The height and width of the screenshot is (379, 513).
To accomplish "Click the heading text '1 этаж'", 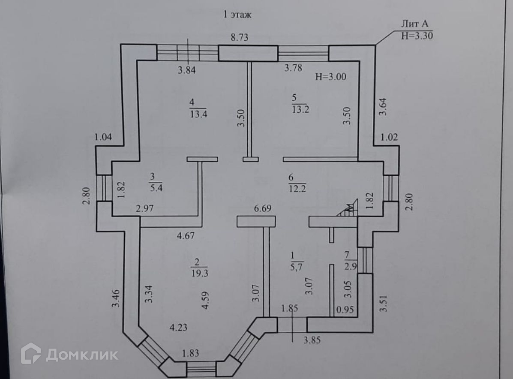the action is (x=237, y=15).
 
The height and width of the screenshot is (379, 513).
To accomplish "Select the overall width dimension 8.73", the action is (x=240, y=37).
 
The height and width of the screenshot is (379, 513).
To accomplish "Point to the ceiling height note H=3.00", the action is (x=330, y=77).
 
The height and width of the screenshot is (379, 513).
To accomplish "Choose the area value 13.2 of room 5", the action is (x=300, y=109).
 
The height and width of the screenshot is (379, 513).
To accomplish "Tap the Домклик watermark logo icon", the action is (x=31, y=353).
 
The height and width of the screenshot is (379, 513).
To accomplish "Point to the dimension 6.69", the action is (x=263, y=209).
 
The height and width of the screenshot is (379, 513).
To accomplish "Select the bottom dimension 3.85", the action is (x=312, y=341).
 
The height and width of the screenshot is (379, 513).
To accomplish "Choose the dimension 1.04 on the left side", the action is (x=103, y=137).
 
